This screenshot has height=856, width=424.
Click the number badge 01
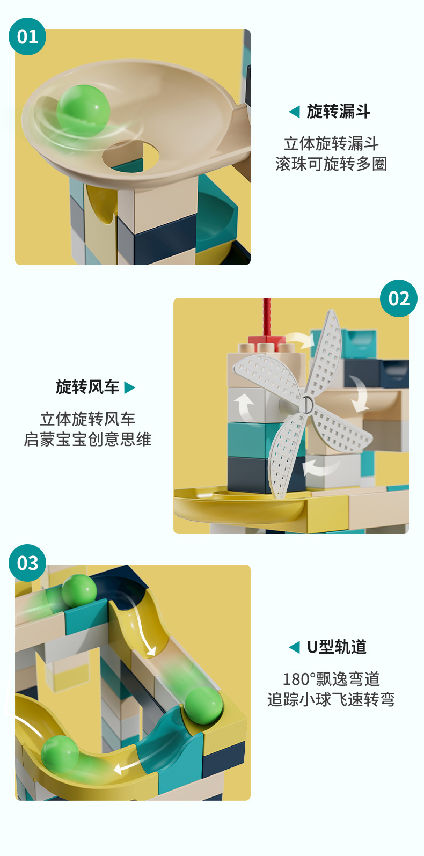pos(27,36)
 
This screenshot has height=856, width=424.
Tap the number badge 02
pos(398,298)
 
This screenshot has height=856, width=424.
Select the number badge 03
pos(27,563)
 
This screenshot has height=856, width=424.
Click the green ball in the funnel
pos(83,110)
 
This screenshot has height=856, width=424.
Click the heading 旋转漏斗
pos(338,112)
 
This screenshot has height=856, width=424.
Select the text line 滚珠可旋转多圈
pos(331,164)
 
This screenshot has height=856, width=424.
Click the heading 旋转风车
pos(87,387)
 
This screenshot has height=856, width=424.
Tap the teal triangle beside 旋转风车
pos(129,387)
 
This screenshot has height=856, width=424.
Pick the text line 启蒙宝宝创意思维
pos(87,440)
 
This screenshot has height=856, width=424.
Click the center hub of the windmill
pos(306,404)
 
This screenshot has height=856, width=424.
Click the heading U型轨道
pos(337,647)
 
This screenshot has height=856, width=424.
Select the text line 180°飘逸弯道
pos(331,679)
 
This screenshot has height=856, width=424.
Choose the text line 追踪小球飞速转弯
pos(331,699)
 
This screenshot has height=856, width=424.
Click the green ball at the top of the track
pos(79,591)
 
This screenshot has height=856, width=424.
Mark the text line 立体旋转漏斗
pos(331,144)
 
